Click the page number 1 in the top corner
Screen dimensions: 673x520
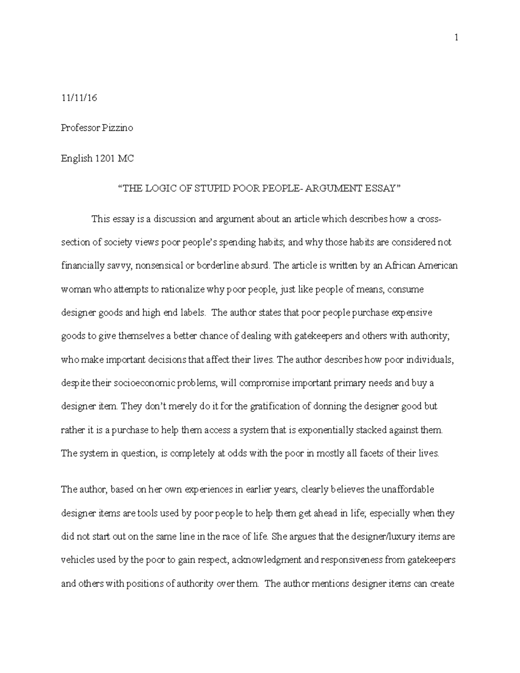(456, 38)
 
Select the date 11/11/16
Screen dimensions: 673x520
(79, 98)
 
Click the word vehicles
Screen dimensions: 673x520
(78, 559)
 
